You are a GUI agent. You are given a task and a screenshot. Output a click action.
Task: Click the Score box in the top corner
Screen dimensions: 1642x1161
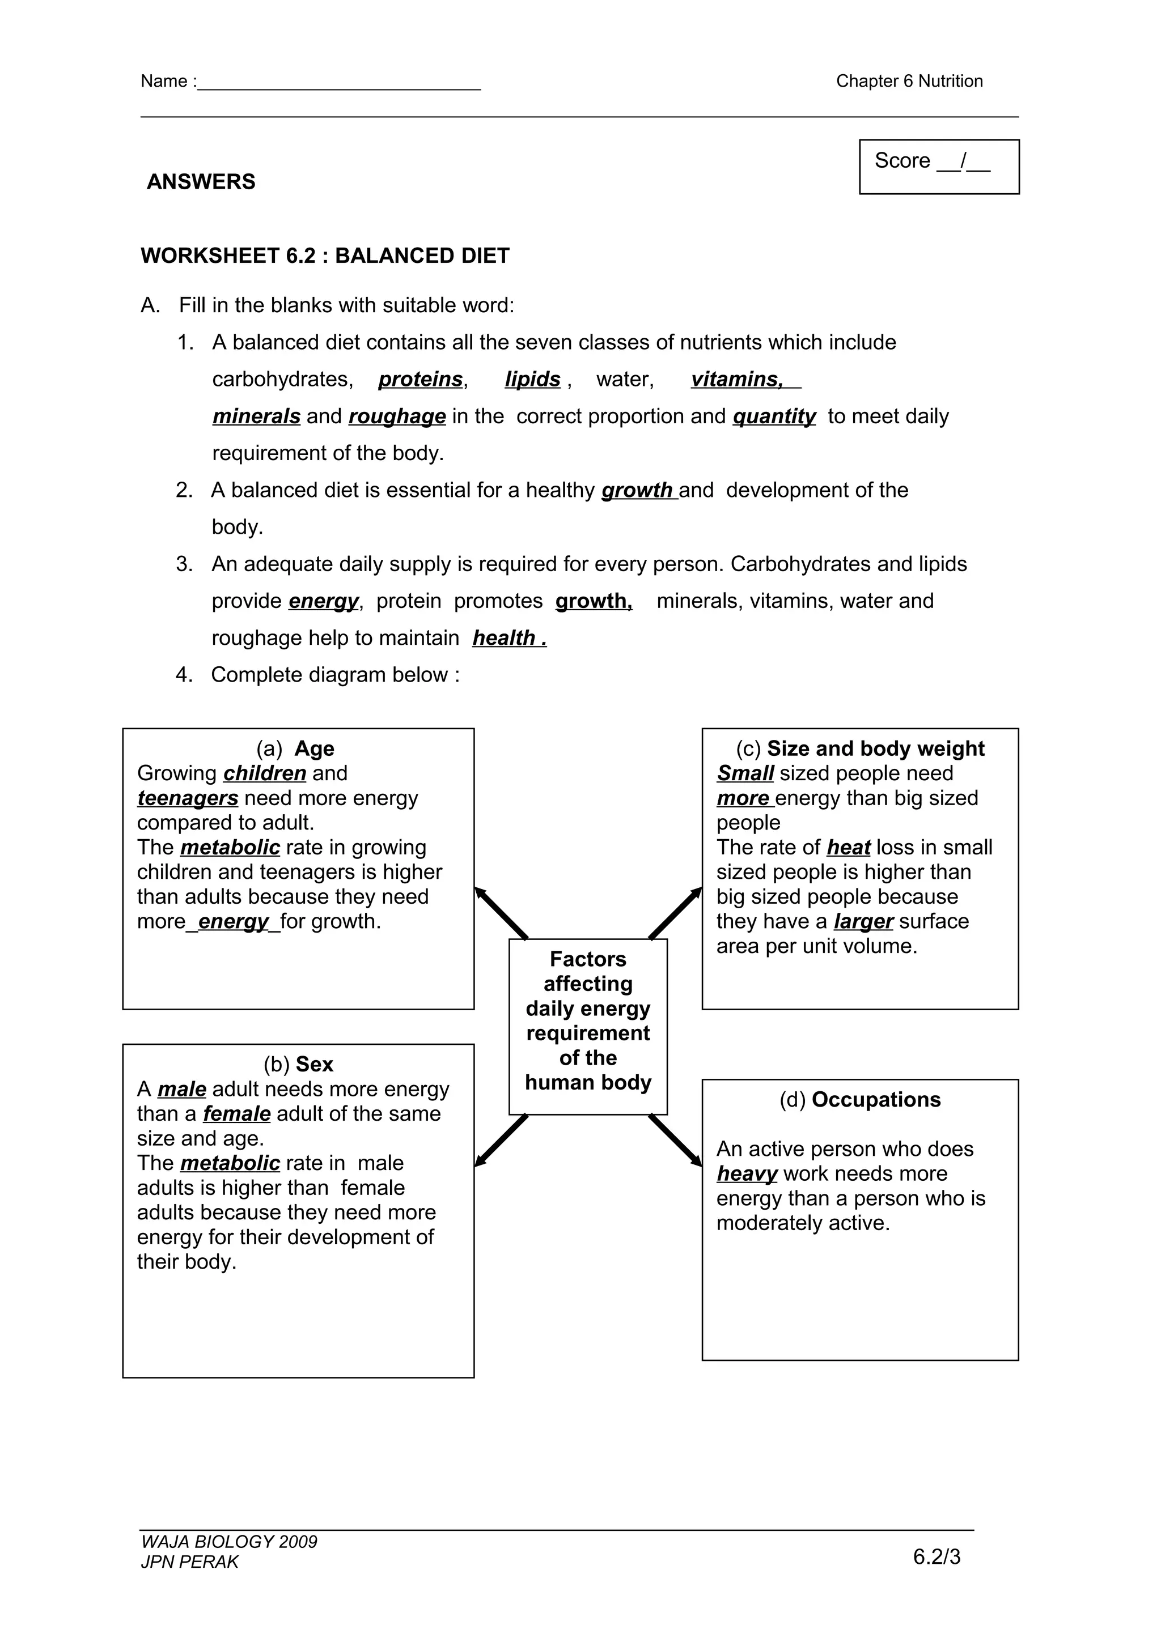(939, 167)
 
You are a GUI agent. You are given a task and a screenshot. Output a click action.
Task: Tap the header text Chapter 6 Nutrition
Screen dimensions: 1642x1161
(909, 81)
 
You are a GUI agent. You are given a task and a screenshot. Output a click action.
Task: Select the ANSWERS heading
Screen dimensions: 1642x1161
(201, 182)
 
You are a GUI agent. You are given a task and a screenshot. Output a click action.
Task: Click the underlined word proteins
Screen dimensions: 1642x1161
(421, 379)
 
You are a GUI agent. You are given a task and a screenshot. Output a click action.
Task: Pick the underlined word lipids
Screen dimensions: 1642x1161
(532, 379)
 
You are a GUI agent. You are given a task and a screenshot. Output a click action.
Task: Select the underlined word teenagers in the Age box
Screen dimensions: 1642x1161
(188, 798)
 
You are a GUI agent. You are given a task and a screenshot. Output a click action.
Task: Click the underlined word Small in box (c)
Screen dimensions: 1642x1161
(745, 773)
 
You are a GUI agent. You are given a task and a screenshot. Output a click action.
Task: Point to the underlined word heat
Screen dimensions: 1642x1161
(849, 848)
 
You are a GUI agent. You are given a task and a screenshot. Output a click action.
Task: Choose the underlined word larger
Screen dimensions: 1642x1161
(863, 921)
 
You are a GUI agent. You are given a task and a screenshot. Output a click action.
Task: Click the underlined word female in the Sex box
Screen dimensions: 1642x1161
(237, 1113)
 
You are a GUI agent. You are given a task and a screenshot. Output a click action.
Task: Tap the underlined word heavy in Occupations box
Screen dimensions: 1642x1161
(747, 1173)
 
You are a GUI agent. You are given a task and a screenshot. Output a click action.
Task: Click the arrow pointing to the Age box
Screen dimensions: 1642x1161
(501, 913)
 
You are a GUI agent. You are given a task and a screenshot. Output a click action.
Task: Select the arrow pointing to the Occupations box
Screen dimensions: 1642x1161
(675, 1140)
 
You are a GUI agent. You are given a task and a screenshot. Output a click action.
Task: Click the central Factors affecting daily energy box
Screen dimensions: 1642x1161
(588, 1026)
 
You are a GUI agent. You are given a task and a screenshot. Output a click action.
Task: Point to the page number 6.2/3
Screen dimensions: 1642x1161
(937, 1557)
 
